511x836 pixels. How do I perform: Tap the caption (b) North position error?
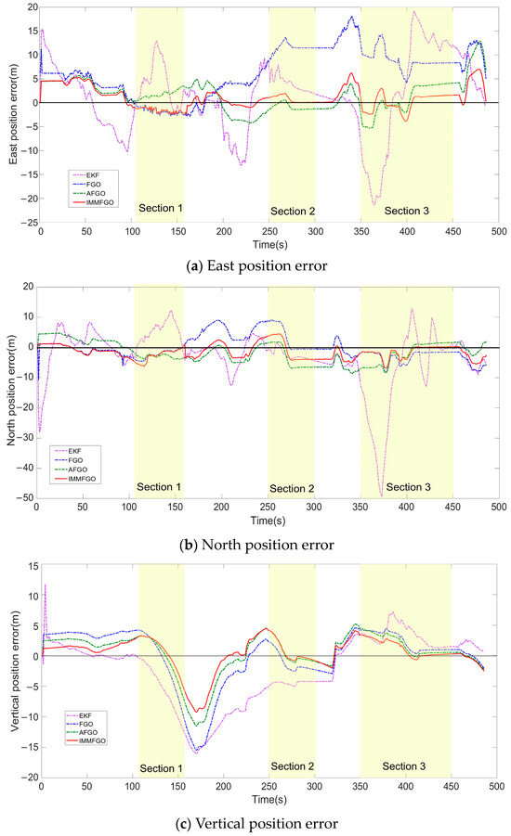click(x=255, y=537)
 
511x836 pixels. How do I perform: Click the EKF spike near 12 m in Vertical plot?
click(x=45, y=585)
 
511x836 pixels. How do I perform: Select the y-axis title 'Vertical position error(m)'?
click(x=9, y=671)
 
